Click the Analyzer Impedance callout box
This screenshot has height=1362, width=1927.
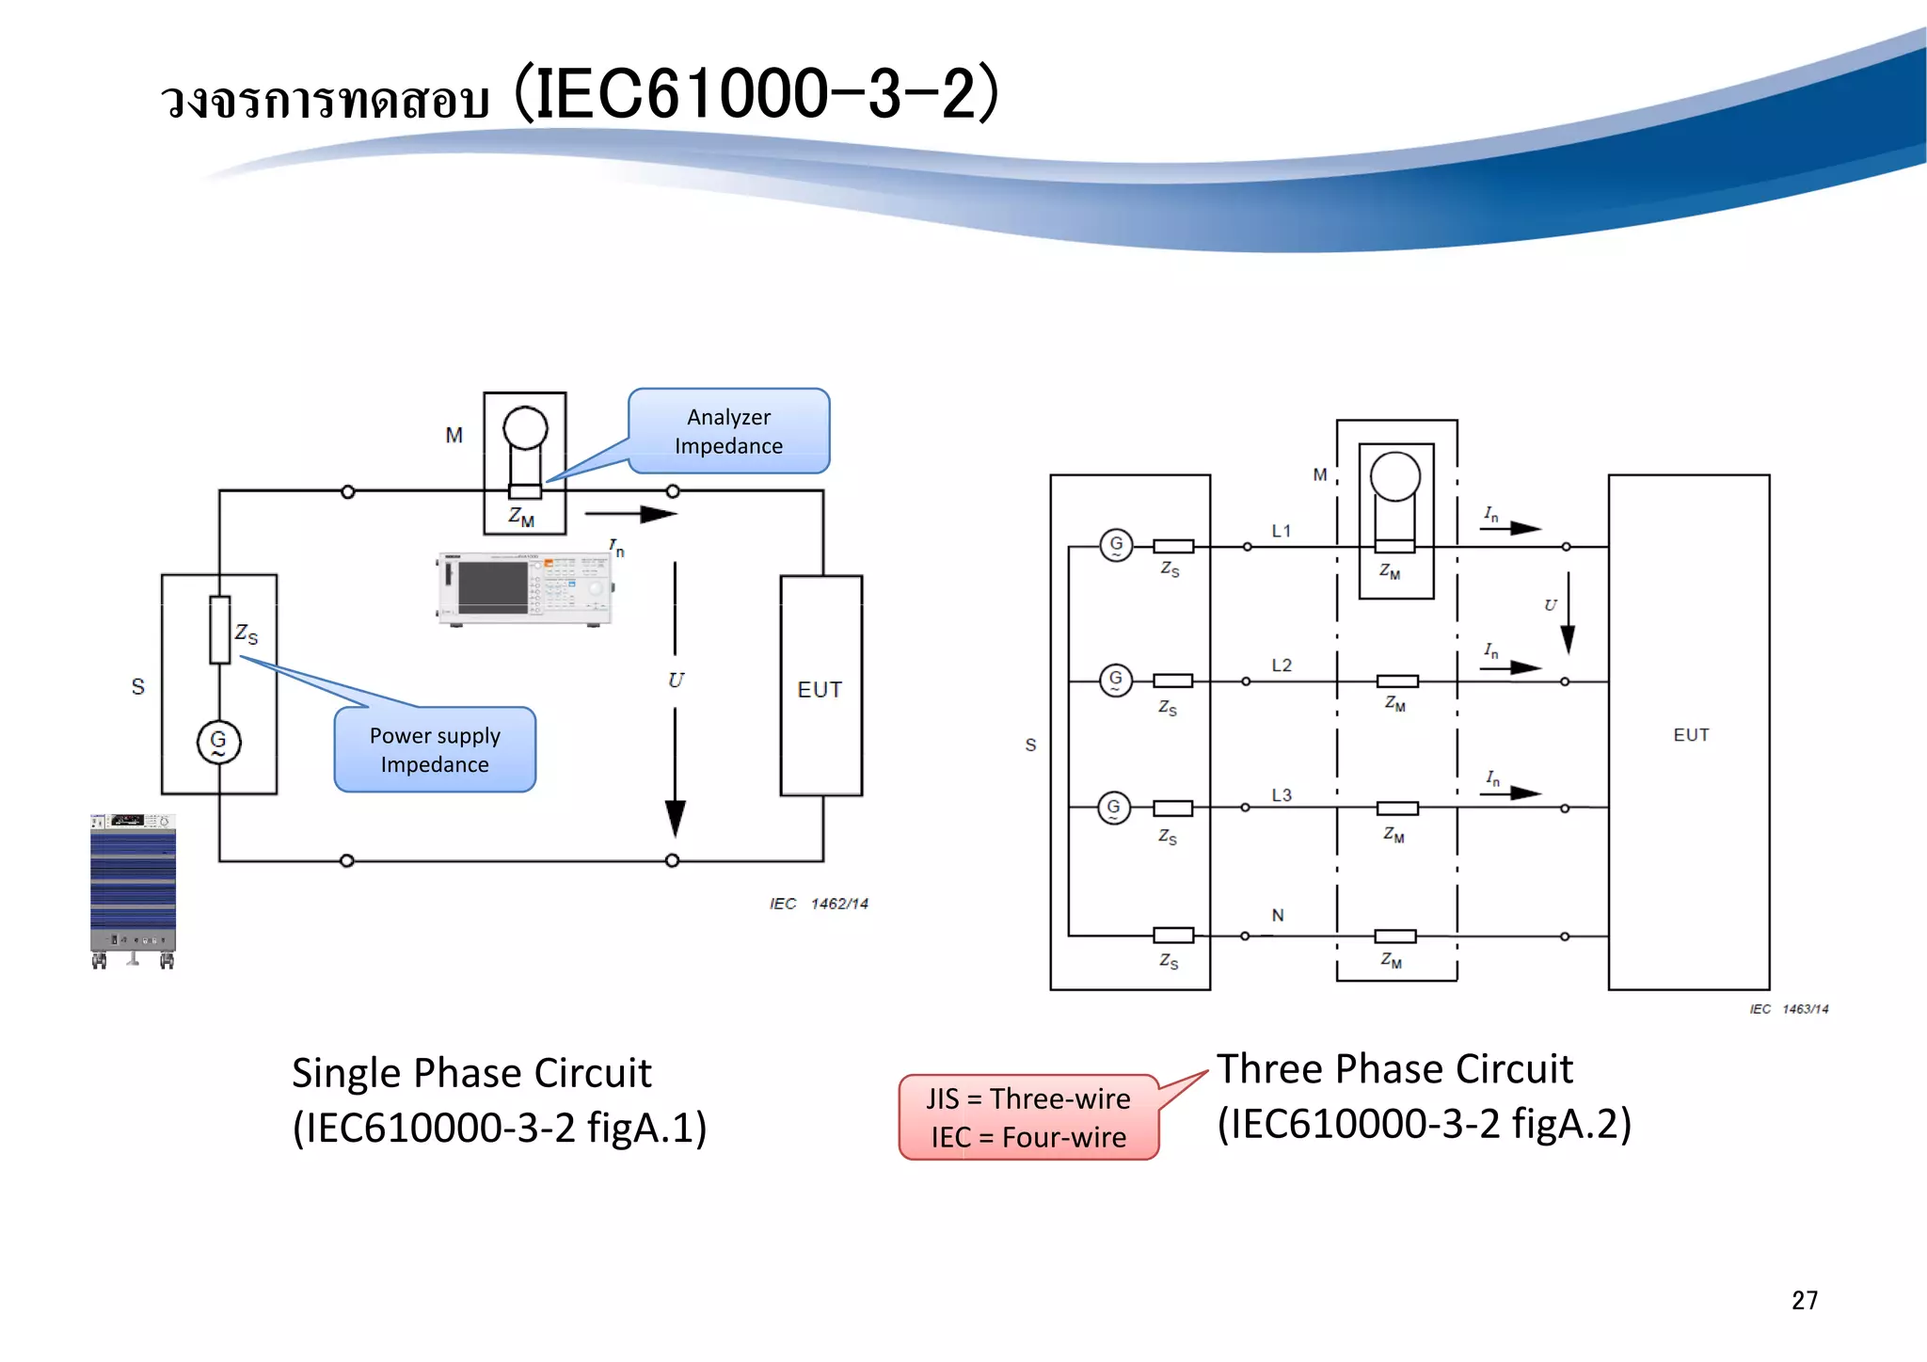click(729, 431)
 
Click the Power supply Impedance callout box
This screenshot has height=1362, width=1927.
click(435, 749)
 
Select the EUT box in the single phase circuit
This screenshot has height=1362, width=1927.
click(820, 687)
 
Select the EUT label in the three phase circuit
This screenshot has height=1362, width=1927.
click(1691, 735)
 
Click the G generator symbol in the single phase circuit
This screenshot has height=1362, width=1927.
click(218, 742)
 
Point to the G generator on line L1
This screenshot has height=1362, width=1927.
click(1116, 544)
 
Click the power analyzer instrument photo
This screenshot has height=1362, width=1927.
click(525, 588)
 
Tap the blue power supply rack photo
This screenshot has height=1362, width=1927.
click(133, 889)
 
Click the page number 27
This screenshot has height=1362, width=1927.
click(1804, 1300)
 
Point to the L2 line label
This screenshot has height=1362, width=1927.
click(1282, 665)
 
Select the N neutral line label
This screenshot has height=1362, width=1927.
click(1278, 915)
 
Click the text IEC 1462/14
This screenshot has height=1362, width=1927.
click(819, 904)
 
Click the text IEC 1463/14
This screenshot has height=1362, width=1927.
click(1789, 1009)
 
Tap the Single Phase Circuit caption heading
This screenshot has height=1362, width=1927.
click(471, 1073)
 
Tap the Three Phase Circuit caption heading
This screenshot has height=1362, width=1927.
click(1394, 1069)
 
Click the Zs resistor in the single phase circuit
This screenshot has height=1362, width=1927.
click(220, 630)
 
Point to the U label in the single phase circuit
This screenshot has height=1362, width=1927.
click(676, 681)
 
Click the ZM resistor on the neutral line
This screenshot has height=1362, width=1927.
click(1394, 936)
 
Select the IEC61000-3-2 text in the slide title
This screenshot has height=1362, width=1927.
click(757, 94)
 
